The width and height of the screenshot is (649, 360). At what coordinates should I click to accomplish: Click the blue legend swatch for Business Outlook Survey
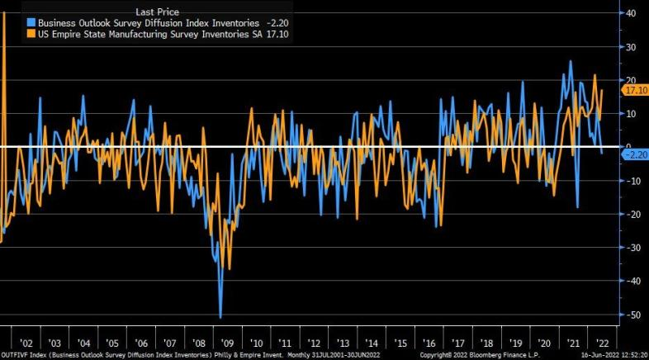(31, 23)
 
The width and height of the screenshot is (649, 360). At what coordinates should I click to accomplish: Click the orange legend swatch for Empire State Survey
(31, 35)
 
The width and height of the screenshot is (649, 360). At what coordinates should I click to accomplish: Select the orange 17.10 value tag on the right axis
(635, 90)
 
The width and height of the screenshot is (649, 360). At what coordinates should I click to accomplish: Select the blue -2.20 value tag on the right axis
(635, 154)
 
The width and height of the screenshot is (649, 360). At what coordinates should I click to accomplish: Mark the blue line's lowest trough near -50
(220, 316)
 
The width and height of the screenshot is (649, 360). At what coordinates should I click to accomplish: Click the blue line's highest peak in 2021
(571, 62)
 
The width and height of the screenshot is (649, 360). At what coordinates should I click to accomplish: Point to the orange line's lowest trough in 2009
(229, 268)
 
